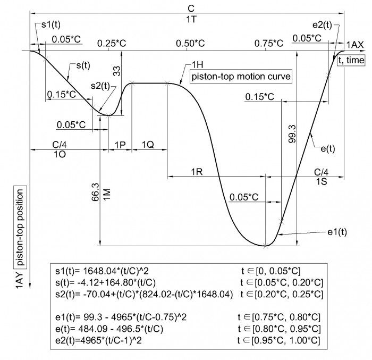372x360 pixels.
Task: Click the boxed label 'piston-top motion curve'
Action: coord(241,77)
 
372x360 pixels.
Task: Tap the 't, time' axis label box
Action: coord(351,60)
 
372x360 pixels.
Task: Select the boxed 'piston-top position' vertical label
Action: coord(20,227)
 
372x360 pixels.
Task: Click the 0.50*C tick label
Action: coord(190,44)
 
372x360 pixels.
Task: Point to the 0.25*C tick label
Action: coord(112,44)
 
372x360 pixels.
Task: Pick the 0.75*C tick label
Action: coord(269,44)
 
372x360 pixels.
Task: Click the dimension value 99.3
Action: coord(292,134)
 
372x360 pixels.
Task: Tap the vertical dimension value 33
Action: coord(117,71)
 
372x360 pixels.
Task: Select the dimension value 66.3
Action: coord(95,192)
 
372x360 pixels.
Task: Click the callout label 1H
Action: coord(197,64)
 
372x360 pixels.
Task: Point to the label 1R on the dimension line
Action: coord(197,172)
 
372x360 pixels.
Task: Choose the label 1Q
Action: coord(148,145)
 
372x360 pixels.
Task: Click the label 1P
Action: coord(120,145)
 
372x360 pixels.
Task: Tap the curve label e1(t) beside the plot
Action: coord(337,232)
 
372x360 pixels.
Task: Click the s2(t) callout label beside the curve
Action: coord(100,86)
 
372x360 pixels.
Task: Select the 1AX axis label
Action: coord(355,45)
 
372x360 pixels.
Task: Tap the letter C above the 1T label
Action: coord(191,9)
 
